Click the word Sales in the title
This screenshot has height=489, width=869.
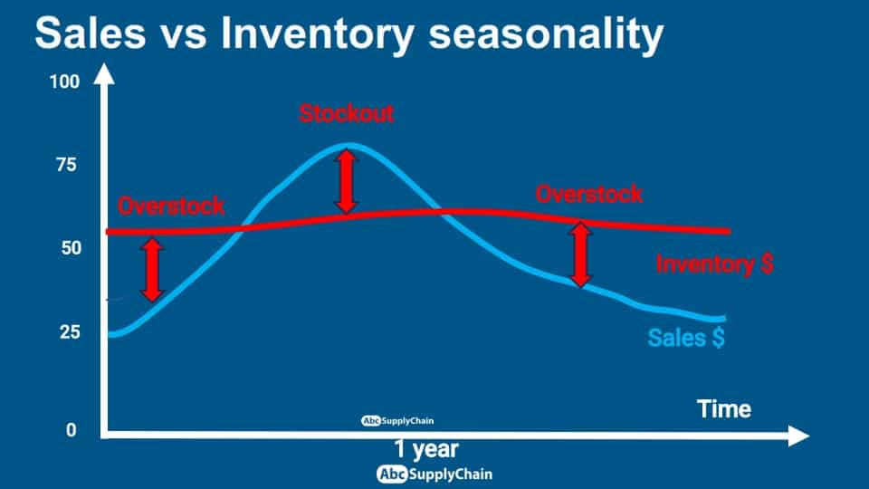pyautogui.click(x=91, y=33)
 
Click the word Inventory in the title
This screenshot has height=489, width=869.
pyautogui.click(x=318, y=35)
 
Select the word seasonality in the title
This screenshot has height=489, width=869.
pyautogui.click(x=546, y=35)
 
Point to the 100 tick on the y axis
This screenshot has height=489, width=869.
pyautogui.click(x=65, y=82)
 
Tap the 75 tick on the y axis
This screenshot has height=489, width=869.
pyautogui.click(x=66, y=165)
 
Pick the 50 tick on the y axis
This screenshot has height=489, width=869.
pyautogui.click(x=71, y=248)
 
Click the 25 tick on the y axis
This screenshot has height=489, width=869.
pyautogui.click(x=71, y=332)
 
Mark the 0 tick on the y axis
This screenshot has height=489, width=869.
pyautogui.click(x=71, y=430)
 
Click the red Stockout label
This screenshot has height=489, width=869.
pyautogui.click(x=347, y=114)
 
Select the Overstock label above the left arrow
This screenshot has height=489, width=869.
pyautogui.click(x=171, y=206)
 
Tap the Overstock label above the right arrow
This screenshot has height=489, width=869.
pyautogui.click(x=588, y=195)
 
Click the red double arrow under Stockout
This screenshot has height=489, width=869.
pyautogui.click(x=347, y=181)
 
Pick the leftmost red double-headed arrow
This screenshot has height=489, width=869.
pyautogui.click(x=152, y=270)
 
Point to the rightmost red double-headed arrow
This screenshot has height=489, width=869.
pyautogui.click(x=580, y=254)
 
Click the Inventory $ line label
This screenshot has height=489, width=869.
pyautogui.click(x=714, y=264)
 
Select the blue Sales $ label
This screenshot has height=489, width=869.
pyautogui.click(x=686, y=338)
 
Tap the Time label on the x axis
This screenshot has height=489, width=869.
pyautogui.click(x=724, y=409)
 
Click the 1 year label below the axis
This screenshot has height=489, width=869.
pyautogui.click(x=426, y=449)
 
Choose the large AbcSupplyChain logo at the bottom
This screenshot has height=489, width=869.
pyautogui.click(x=434, y=475)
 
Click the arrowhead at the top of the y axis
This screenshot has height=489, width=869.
pyautogui.click(x=103, y=73)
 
